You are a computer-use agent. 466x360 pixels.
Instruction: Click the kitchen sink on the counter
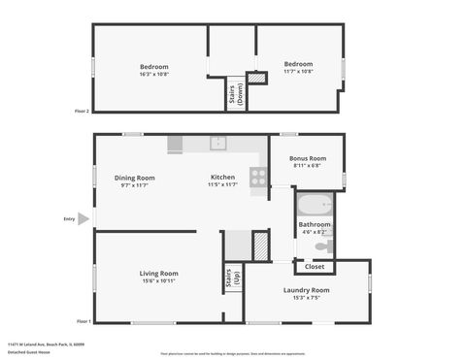219,144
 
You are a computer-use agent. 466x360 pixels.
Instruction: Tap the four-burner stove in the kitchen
258,177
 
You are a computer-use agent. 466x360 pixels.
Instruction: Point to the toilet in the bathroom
324,246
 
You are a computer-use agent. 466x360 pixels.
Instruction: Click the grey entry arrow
83,219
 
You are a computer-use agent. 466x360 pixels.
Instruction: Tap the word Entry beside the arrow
69,219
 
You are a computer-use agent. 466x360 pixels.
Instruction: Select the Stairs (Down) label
236,94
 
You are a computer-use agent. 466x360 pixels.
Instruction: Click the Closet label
315,266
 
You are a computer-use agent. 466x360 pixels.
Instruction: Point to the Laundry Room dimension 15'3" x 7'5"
306,298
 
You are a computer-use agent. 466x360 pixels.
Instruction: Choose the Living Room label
159,273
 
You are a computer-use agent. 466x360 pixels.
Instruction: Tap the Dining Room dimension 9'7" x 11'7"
134,185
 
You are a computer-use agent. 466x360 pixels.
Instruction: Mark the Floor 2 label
82,111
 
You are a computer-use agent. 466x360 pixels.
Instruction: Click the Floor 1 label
83,321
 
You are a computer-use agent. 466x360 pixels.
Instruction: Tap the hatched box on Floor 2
256,79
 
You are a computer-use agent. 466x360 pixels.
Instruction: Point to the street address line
46,344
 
